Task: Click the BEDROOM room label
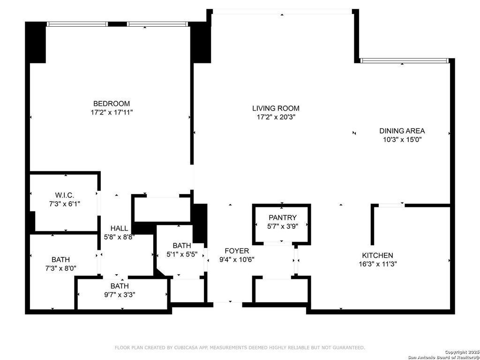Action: (112, 104)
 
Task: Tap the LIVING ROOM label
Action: (276, 108)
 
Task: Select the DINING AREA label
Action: (402, 131)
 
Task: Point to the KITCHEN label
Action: (377, 255)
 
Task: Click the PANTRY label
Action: (283, 217)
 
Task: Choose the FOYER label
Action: (237, 251)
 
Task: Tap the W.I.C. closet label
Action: (65, 195)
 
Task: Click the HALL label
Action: (120, 228)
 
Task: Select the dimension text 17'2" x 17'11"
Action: (112, 112)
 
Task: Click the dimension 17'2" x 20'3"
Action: (276, 117)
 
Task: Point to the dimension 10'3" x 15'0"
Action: (402, 140)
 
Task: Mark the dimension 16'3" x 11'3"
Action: (378, 264)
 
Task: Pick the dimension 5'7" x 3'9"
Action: (283, 226)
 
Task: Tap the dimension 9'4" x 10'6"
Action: (237, 260)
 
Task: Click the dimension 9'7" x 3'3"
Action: (120, 295)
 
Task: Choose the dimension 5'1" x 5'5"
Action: (181, 254)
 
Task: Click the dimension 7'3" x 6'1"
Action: (65, 203)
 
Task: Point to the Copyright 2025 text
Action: (462, 352)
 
